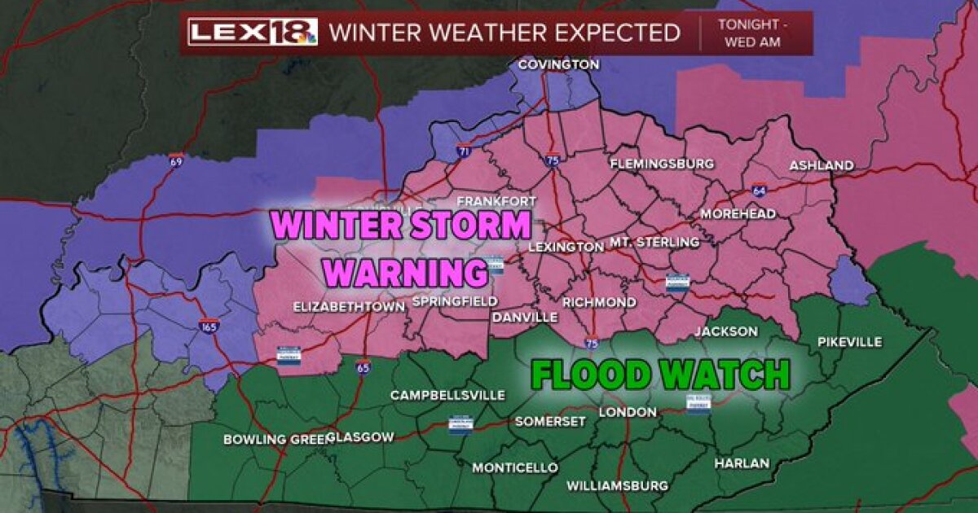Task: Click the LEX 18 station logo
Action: [253, 33]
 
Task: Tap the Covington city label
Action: [558, 64]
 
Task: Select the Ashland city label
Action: [821, 165]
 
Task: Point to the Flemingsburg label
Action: [662, 164]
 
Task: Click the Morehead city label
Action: [738, 213]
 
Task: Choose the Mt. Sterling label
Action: [654, 242]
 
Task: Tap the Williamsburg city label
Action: [617, 485]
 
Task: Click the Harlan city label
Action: [741, 463]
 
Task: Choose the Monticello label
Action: [515, 467]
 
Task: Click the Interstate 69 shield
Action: [176, 160]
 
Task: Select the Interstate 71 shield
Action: [463, 151]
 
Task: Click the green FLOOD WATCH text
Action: [660, 375]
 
